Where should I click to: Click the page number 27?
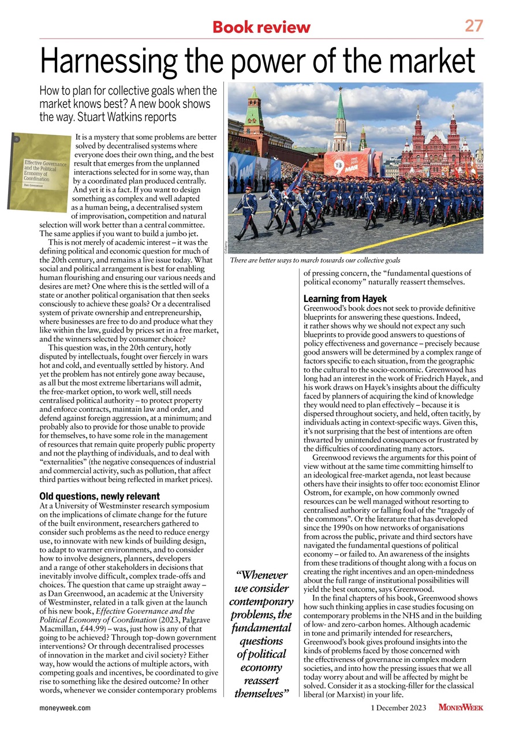coord(474,26)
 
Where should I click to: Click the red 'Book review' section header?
coord(261,27)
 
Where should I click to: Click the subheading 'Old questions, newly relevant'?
coord(99,497)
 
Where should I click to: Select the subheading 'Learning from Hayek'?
coord(345,299)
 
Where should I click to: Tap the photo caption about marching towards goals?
coord(315,261)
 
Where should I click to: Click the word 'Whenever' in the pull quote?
coord(263,575)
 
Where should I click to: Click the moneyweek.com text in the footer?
coord(65,707)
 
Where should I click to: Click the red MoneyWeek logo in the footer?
coord(461,707)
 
